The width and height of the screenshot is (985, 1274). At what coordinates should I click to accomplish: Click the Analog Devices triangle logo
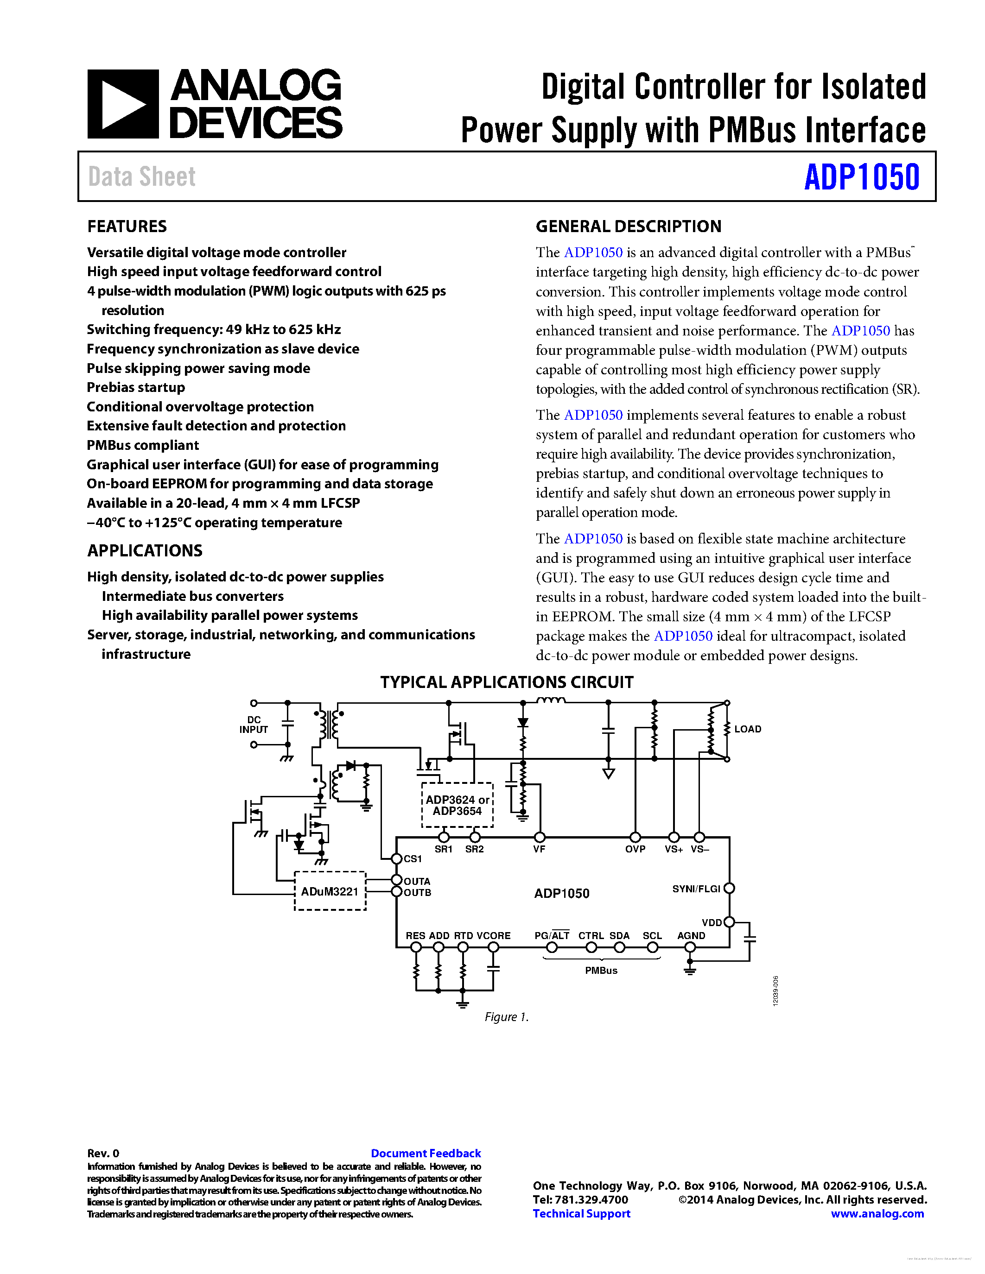coord(122,104)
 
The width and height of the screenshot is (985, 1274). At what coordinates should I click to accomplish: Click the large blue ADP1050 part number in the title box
coord(861,177)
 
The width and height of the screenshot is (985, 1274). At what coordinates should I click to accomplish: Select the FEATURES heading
coord(127,227)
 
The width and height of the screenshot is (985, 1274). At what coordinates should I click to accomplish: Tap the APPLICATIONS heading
coord(145,551)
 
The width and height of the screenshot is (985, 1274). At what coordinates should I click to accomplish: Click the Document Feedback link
coord(426,1153)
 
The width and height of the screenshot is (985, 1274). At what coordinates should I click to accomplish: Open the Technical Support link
coord(581,1213)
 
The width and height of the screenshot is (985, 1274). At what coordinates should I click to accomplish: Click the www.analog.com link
coord(877,1213)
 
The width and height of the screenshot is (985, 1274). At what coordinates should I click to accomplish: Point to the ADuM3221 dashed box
coord(330,891)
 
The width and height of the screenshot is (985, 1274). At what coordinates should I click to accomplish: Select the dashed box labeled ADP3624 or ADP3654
coord(457,805)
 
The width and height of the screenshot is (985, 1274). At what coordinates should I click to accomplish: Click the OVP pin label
coord(635,849)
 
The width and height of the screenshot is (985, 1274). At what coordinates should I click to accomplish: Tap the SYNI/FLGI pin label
coord(696,889)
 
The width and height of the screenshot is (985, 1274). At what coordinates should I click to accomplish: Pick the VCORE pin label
coord(493,936)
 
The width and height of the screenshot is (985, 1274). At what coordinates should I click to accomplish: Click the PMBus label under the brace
coord(601,971)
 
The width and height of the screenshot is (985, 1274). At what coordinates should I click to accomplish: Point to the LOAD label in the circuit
coord(748,729)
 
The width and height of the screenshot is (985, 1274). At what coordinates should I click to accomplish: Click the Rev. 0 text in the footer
coord(103,1153)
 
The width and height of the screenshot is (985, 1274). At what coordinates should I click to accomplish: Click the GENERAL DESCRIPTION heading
coord(629,227)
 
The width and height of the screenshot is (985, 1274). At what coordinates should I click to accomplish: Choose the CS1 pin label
coord(413,858)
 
